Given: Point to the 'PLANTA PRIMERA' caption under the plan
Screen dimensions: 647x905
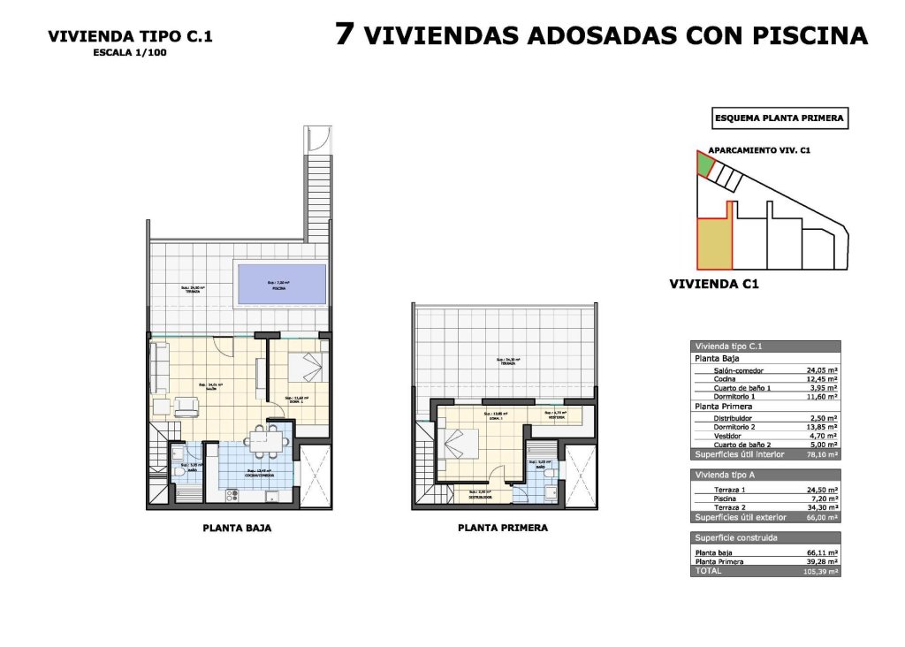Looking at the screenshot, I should [x=503, y=528].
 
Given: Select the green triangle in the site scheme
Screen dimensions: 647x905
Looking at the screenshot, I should [x=703, y=164].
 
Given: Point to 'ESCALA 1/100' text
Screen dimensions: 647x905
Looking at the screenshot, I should [x=130, y=52].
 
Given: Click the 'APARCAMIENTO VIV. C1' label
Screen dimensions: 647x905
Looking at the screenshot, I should [x=759, y=150].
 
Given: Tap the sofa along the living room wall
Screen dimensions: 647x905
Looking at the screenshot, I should [x=160, y=368].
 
